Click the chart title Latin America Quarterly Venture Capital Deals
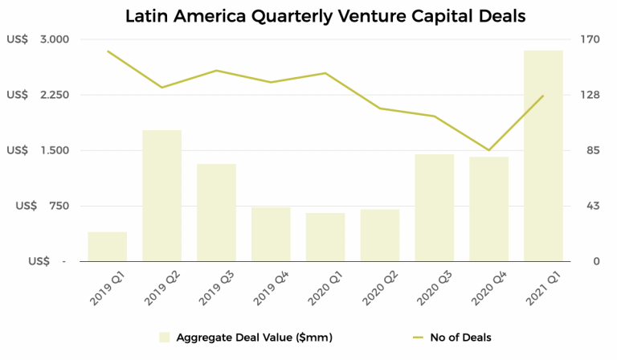click(x=308, y=15)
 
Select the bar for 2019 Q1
click(x=108, y=247)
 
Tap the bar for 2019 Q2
click(x=161, y=195)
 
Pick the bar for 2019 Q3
click(x=216, y=212)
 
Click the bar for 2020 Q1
click(x=325, y=237)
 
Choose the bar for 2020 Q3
click(x=435, y=207)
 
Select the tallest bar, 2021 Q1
click(x=543, y=156)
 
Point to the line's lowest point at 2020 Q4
click(x=488, y=150)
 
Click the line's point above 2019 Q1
click(x=108, y=51)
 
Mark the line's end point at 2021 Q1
click(x=543, y=96)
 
